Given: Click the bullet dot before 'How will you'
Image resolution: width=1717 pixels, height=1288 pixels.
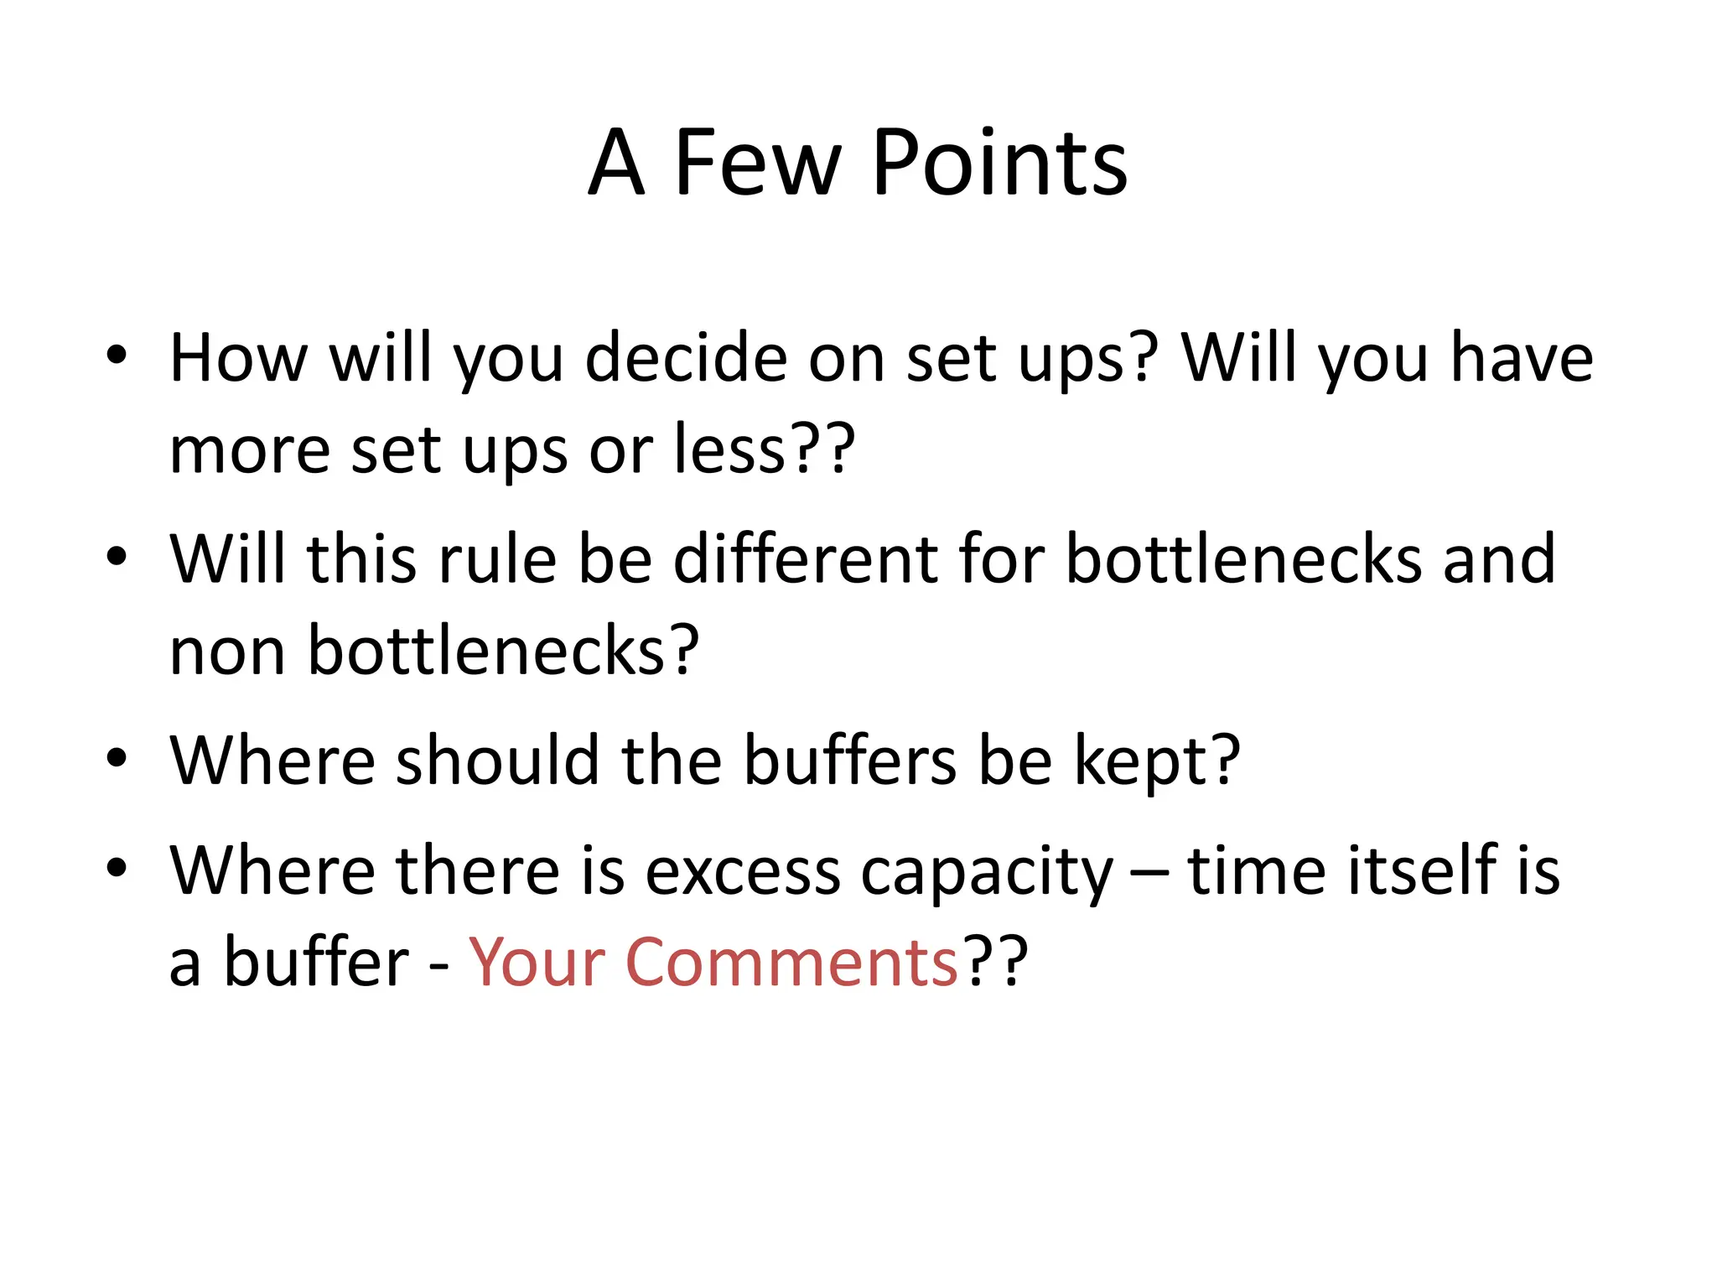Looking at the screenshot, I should coord(117,354).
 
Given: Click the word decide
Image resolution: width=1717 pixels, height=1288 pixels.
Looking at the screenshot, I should coord(686,359).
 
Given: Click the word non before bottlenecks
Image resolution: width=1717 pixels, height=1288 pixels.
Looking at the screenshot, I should coord(227,651).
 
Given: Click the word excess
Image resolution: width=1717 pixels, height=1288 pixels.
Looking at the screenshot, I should coord(742,872).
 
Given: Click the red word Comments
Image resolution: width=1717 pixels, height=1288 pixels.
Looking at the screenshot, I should coord(791,963).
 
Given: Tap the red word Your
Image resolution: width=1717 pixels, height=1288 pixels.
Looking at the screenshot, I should coord(537,963).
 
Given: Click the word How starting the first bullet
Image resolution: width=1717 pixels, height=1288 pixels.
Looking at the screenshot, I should coord(239,359).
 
